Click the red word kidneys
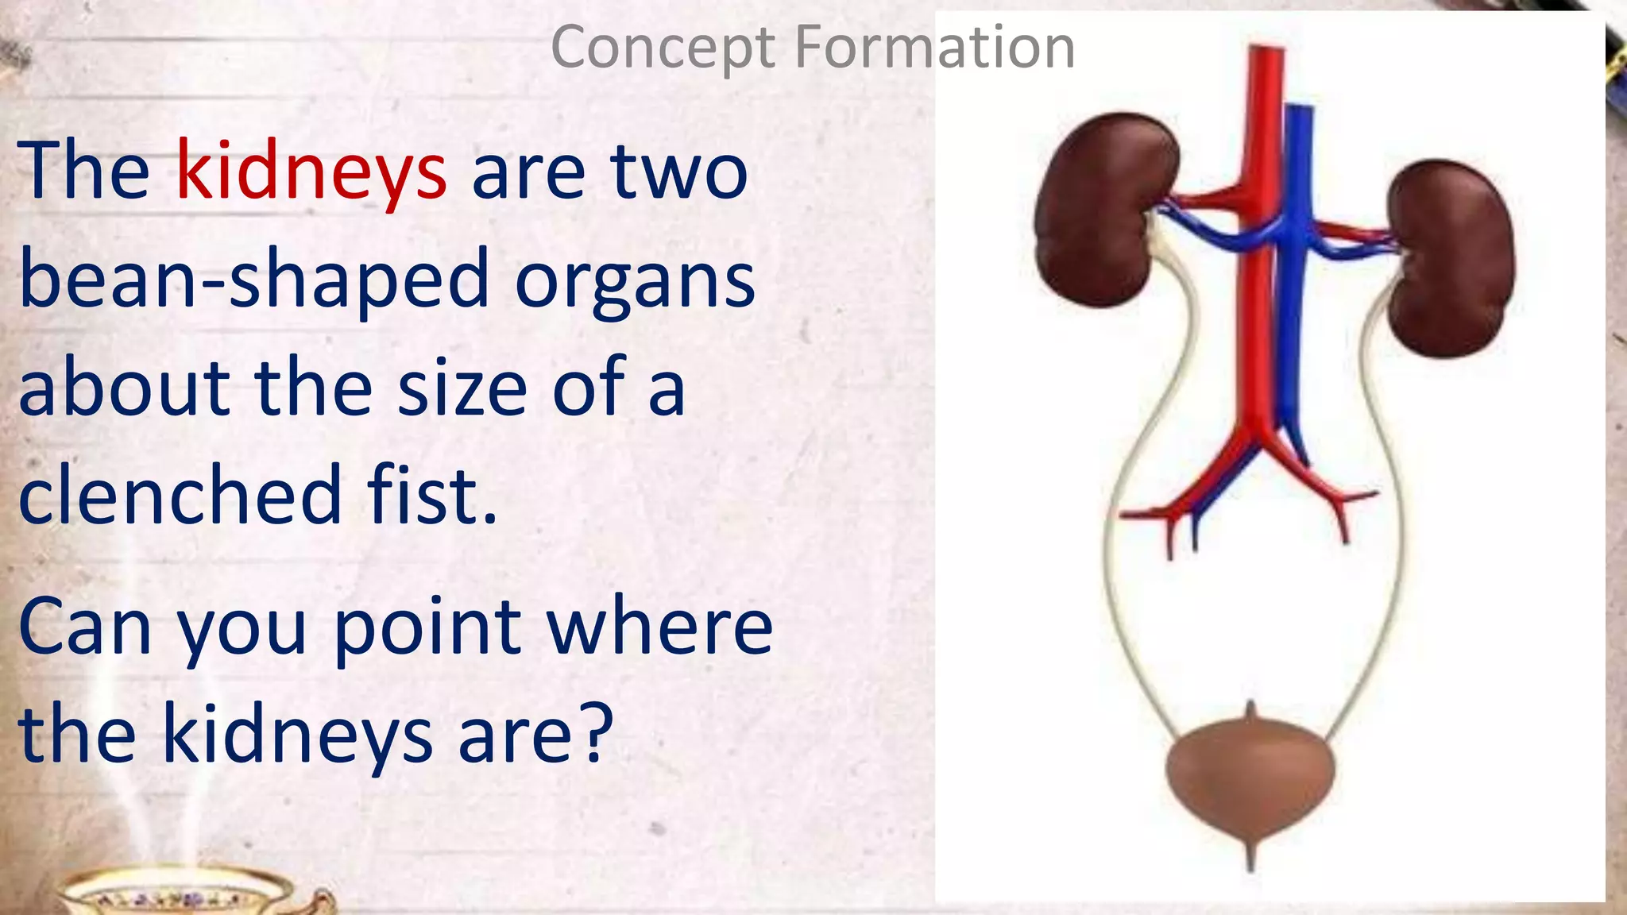(311, 172)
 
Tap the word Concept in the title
(663, 48)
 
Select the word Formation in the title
(934, 47)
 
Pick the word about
(123, 389)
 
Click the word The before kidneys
(83, 170)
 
